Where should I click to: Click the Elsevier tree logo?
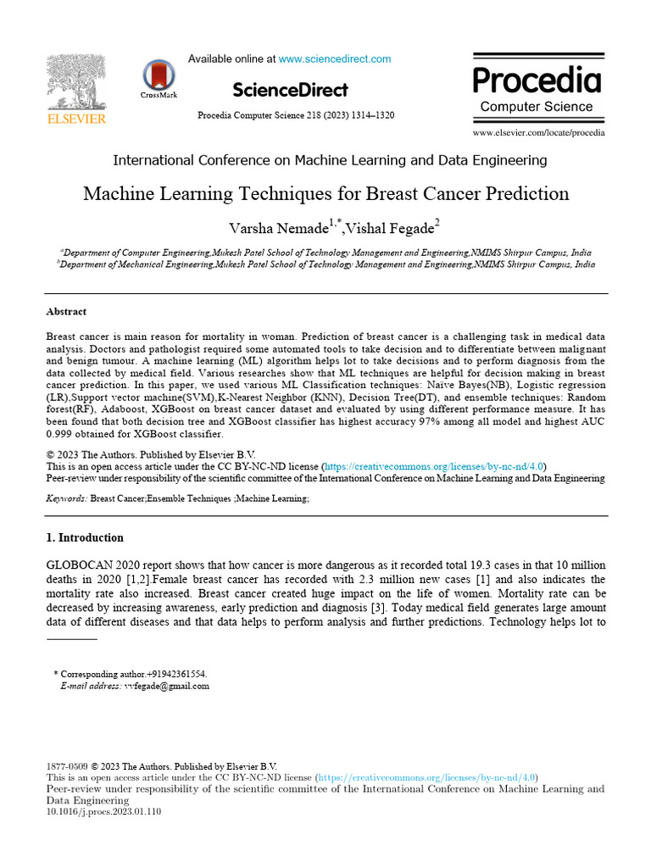75,83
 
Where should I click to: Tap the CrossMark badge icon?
159,75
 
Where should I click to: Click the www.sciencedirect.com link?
335,59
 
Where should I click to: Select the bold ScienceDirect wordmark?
289,90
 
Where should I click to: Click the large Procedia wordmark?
537,81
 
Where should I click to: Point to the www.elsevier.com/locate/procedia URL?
538,132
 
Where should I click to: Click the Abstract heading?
66,312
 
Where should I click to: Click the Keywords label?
66,499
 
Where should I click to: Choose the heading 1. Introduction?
84,537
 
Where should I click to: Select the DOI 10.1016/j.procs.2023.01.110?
103,811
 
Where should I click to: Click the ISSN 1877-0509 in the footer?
66,765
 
